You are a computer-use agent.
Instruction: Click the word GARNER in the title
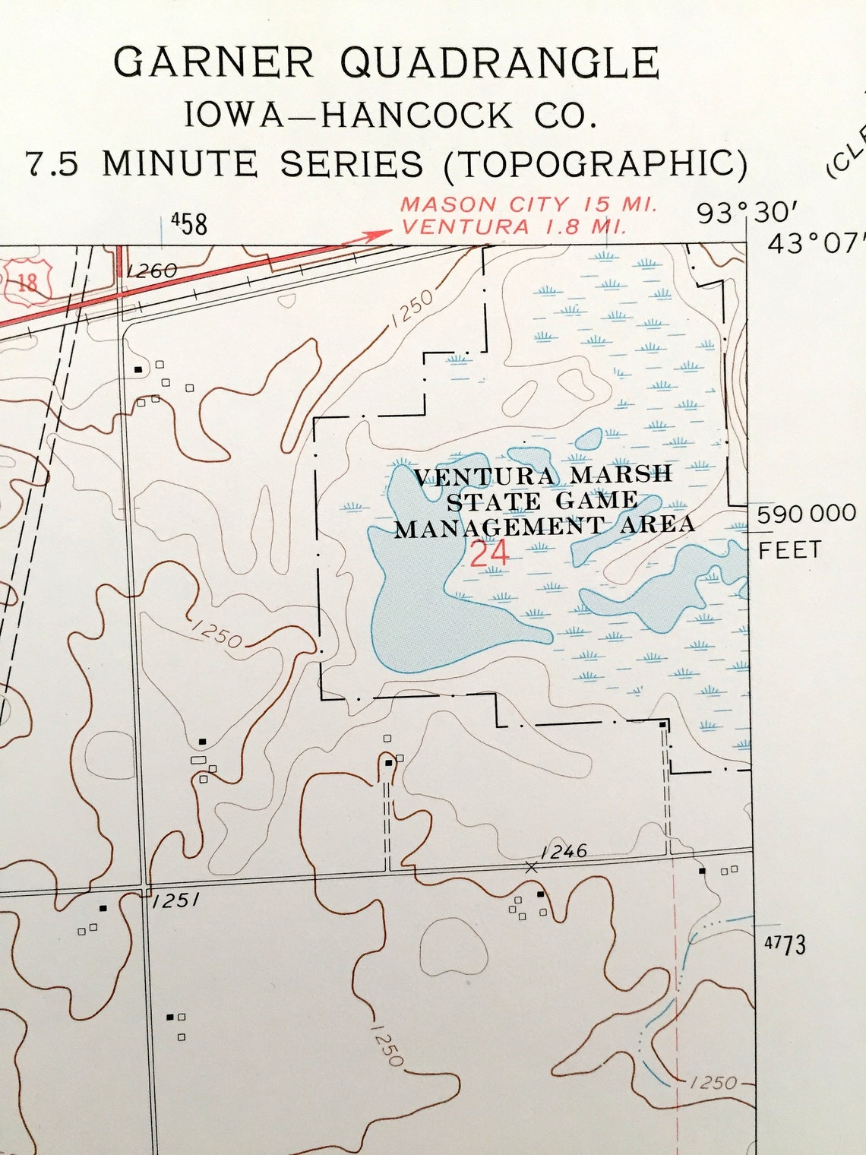click(x=213, y=63)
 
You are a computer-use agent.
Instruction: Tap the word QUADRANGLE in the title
click(x=499, y=63)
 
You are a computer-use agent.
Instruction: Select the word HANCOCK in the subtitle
click(x=417, y=116)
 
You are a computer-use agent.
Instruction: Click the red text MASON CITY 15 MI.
click(x=529, y=204)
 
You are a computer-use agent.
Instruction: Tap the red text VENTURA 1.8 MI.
click(x=514, y=226)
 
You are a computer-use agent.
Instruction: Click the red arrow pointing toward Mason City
click(x=368, y=236)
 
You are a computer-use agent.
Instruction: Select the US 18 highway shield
click(x=27, y=283)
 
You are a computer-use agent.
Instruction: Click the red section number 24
click(x=489, y=554)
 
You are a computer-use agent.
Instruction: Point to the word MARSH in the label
click(x=621, y=474)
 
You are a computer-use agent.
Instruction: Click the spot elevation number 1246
click(x=564, y=851)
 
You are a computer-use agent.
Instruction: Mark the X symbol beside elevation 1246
click(x=531, y=867)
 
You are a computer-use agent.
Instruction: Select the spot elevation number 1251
click(x=175, y=901)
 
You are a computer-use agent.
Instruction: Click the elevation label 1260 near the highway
click(x=152, y=271)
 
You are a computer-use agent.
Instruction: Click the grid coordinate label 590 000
click(x=806, y=514)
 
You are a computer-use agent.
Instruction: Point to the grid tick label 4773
click(x=785, y=945)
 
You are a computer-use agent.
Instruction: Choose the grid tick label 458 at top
click(x=189, y=224)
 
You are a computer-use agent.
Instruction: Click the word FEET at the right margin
click(x=790, y=549)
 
